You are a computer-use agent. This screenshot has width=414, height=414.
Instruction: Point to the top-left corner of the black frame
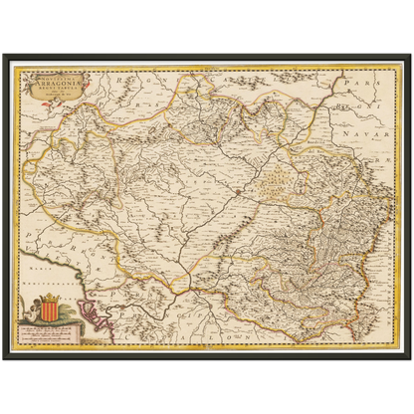[x=3, y=56]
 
